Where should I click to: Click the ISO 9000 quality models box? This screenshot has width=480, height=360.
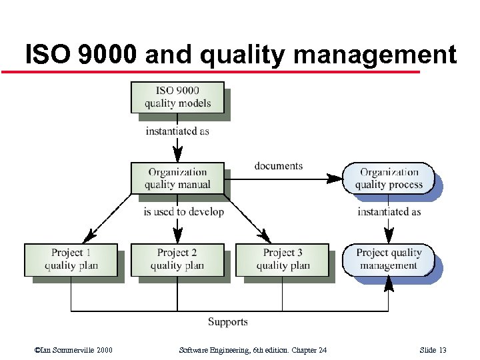(x=177, y=97)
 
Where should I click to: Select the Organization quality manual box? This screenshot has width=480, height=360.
(x=177, y=178)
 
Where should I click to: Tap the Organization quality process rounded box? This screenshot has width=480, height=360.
(x=389, y=178)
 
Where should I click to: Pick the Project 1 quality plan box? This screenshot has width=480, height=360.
(x=71, y=259)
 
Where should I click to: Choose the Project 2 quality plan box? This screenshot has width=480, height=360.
(x=177, y=259)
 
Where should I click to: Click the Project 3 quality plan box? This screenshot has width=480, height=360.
(x=283, y=259)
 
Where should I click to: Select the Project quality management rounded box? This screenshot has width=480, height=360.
(x=389, y=259)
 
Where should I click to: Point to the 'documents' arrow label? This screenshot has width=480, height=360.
(x=278, y=166)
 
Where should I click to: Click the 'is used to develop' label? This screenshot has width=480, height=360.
(x=183, y=212)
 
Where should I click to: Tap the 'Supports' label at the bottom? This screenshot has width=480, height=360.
(x=227, y=322)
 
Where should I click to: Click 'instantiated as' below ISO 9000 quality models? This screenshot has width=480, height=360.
(x=177, y=131)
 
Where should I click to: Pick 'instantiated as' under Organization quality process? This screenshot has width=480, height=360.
(x=389, y=212)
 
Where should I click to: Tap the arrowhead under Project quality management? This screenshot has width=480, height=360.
(x=389, y=283)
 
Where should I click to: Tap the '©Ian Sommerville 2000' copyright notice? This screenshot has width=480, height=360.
(x=73, y=351)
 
